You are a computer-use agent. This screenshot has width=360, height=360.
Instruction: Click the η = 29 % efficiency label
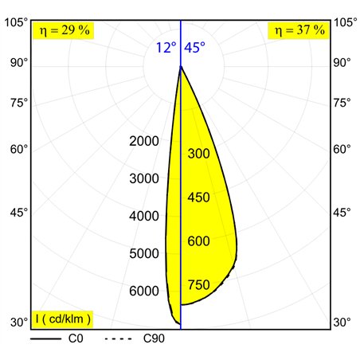point(65,30)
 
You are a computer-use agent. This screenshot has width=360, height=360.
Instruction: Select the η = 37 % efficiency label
point(299,30)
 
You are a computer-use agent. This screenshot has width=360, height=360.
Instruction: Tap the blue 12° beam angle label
point(166,48)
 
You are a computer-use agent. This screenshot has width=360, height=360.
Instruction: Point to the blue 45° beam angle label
point(194,48)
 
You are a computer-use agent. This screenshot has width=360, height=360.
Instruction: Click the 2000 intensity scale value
point(144,141)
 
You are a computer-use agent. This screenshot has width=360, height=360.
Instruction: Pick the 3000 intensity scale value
point(144,178)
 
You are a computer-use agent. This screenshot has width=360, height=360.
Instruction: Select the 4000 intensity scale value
point(144,216)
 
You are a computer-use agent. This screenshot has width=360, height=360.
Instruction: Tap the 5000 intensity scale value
point(144,253)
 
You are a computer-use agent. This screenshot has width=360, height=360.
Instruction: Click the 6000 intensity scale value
point(144,291)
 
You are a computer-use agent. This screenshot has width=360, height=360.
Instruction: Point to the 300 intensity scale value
point(199,154)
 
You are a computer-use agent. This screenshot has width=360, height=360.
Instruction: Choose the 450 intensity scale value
point(199,198)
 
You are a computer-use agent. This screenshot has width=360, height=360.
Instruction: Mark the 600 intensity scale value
point(199,241)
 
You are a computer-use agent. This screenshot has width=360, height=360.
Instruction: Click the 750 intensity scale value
point(199,285)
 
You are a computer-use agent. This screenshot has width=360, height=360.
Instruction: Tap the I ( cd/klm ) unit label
point(63,319)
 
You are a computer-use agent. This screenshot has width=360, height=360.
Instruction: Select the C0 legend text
point(76,338)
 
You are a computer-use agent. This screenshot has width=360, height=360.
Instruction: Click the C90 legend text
point(154,338)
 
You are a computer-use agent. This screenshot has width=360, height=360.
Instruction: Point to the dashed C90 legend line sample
point(118,338)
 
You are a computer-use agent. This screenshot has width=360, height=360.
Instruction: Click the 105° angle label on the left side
point(16,22)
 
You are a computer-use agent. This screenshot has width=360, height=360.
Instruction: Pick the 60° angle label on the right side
point(342,149)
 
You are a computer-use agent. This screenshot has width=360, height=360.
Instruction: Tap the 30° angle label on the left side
point(19,323)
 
